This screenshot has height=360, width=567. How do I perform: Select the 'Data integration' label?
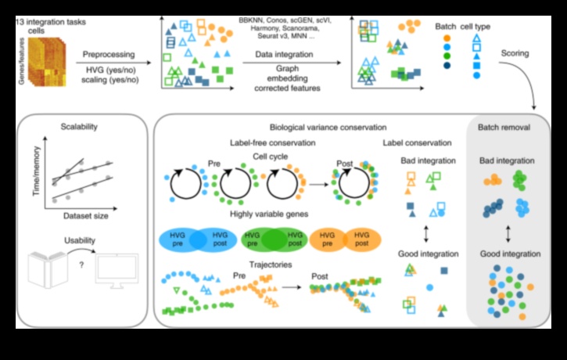284,56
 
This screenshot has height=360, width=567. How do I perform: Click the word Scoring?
516,54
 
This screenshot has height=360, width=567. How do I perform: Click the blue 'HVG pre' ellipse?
181,239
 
